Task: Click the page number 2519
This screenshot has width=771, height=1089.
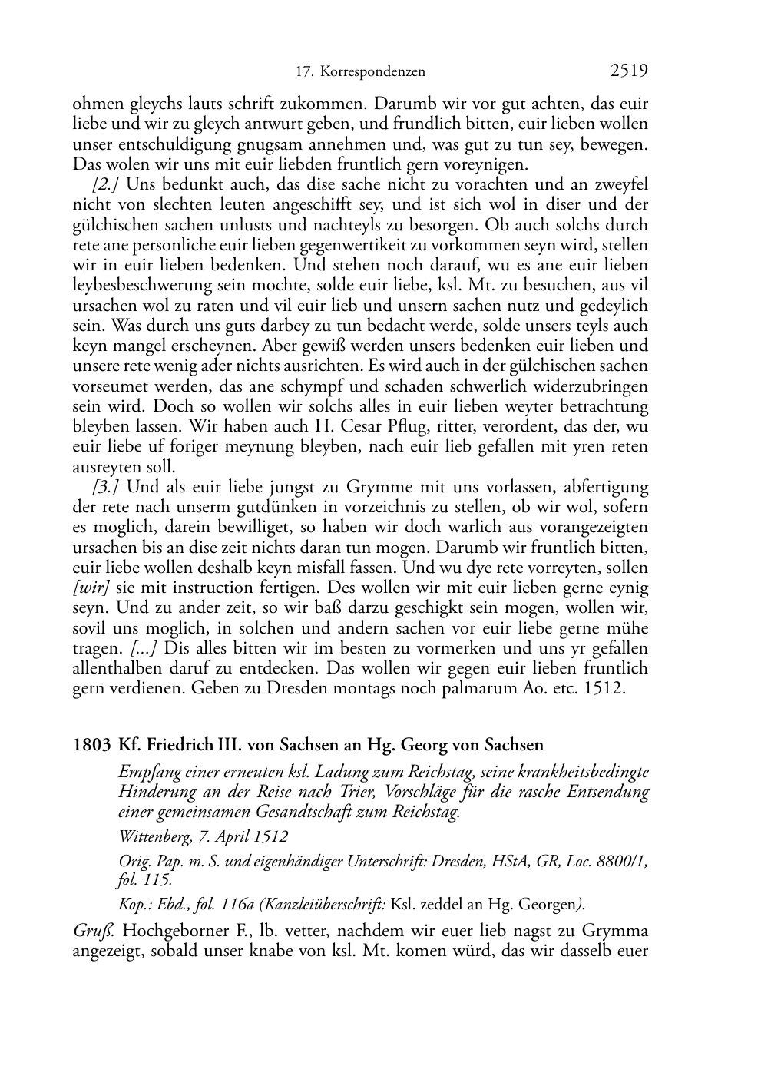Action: (629, 71)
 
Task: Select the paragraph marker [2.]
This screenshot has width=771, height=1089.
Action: (105, 184)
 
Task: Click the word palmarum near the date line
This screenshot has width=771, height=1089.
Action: (475, 688)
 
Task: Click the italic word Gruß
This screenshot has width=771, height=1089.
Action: (94, 932)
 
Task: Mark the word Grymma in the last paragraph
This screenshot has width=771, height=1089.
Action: (614, 932)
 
